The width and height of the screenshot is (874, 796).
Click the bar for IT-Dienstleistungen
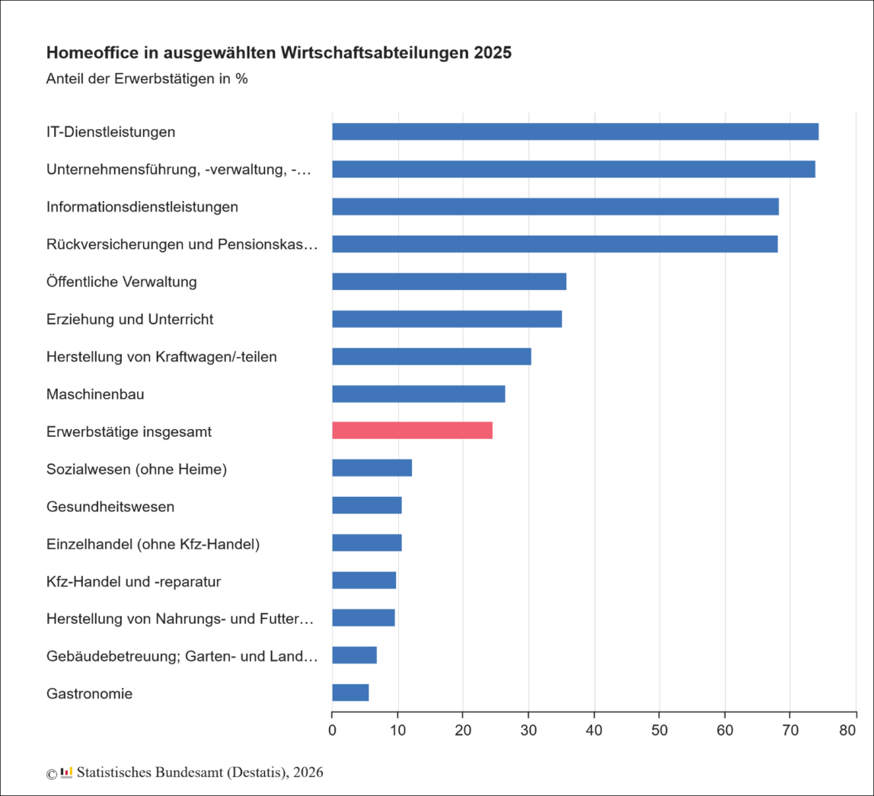point(575,132)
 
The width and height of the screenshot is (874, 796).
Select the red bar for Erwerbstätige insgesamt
point(412,431)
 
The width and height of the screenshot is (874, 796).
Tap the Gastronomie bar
point(350,693)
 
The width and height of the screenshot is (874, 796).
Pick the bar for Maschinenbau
point(418,393)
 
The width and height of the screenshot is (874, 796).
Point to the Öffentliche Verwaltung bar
point(448,282)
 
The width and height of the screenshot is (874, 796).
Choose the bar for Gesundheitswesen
point(366,505)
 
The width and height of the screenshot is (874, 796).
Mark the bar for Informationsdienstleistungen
point(555,206)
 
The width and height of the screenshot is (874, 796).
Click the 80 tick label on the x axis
point(856,731)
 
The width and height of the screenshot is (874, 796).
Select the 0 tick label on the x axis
point(332,731)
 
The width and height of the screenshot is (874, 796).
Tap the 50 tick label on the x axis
point(659,731)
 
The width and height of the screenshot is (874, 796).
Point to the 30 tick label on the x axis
point(528,731)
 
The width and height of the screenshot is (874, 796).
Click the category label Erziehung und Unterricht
point(129,319)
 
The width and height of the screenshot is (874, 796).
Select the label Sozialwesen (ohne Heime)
point(136,469)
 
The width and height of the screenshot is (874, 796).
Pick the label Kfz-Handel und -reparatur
point(133,581)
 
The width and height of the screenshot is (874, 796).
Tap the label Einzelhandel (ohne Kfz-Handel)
point(153,543)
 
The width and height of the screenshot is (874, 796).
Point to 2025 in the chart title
point(493,53)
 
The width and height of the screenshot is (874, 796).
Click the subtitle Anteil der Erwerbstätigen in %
point(146,78)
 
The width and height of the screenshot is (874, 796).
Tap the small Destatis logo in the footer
point(66,772)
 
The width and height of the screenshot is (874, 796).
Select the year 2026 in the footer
point(308,772)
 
